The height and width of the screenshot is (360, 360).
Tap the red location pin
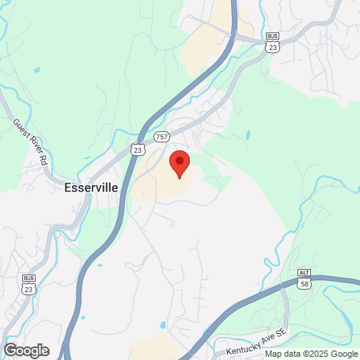tap(180, 164)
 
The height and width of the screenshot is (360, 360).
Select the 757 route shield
tap(161, 136)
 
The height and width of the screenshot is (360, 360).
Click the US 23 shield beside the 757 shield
tap(138, 148)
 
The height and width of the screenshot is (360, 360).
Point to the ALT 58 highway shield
tap(305, 280)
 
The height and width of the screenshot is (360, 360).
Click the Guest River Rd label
tap(31, 141)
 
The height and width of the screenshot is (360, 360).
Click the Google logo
tap(26, 350)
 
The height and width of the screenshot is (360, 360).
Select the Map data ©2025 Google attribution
tap(311, 354)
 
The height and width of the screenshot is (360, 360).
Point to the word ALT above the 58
tap(305, 272)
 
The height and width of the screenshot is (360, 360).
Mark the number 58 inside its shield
tap(305, 285)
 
